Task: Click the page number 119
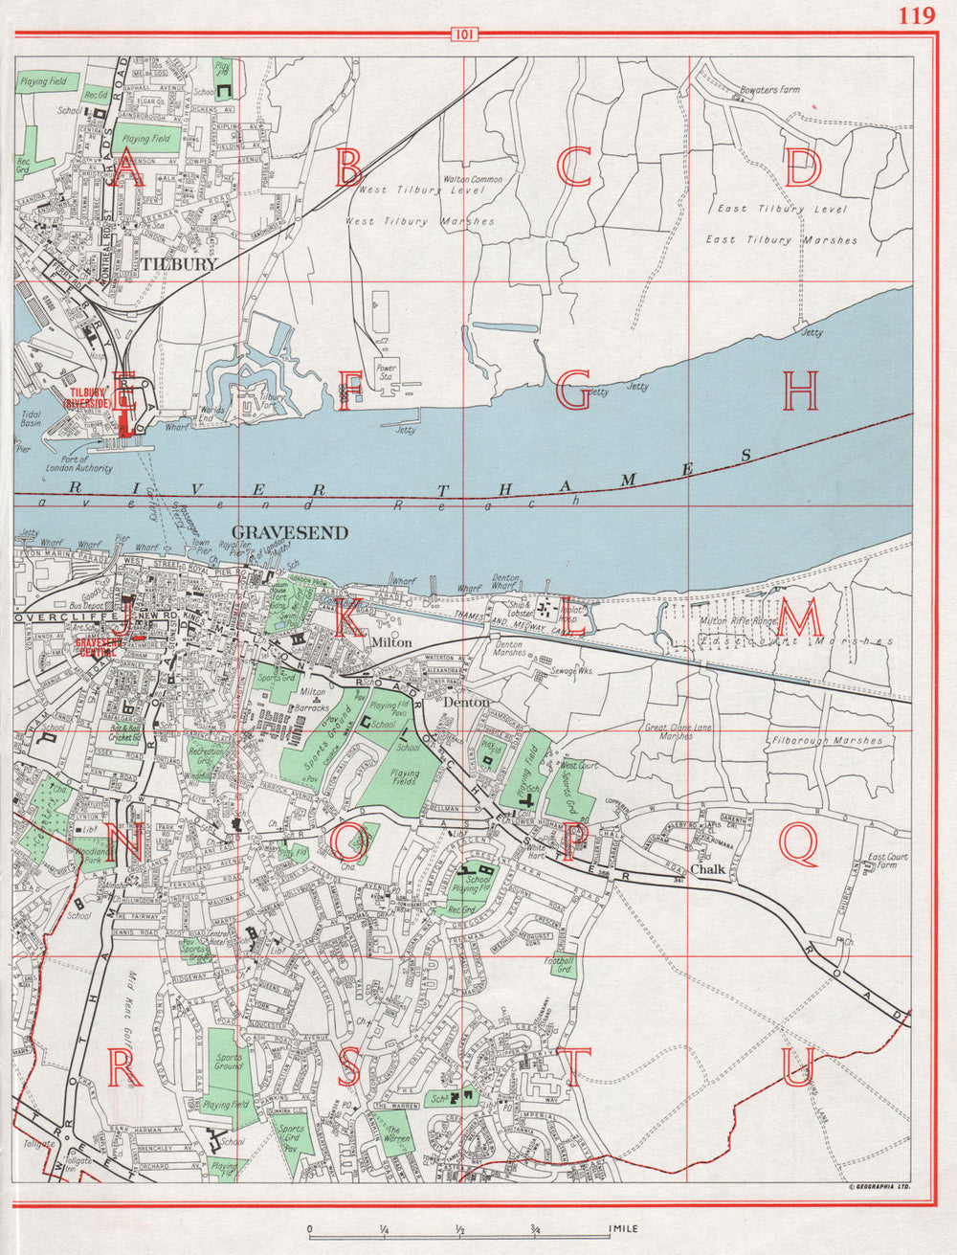click(x=917, y=15)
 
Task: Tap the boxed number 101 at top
click(x=463, y=36)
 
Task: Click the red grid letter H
click(x=801, y=392)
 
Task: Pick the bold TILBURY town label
click(x=179, y=263)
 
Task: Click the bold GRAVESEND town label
click(x=277, y=531)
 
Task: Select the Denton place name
click(x=468, y=702)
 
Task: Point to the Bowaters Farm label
click(x=769, y=90)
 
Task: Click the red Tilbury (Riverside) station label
click(x=87, y=398)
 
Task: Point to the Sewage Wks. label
click(x=572, y=672)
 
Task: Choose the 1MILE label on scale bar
click(x=621, y=1228)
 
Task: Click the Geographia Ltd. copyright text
click(x=877, y=1188)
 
